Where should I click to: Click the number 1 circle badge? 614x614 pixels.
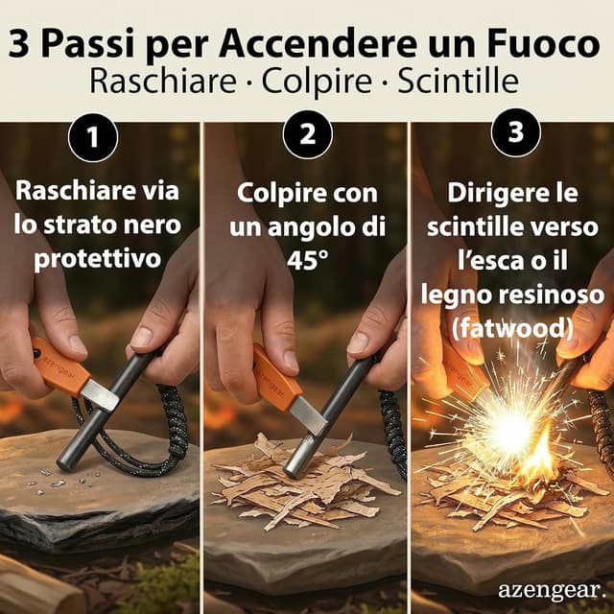click(x=94, y=136)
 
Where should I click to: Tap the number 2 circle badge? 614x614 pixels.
click(x=307, y=135)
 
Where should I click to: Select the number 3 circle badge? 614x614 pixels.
click(x=515, y=135)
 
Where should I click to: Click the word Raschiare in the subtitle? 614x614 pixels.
click(x=160, y=82)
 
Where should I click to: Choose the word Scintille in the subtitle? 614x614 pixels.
click(x=460, y=82)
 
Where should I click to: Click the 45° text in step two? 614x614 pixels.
click(x=307, y=260)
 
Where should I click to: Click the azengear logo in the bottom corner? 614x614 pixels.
click(x=552, y=588)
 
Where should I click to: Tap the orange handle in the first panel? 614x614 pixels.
click(x=59, y=365)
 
